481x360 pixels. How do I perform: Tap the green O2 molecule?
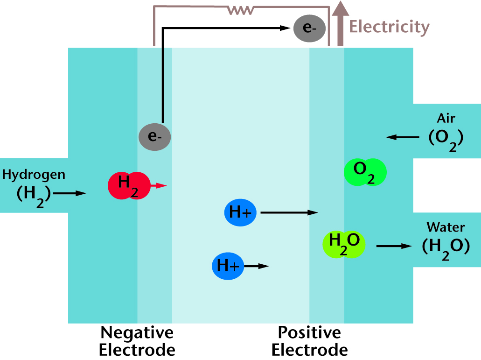pyautogui.click(x=365, y=172)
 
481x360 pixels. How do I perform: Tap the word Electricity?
pyautogui.click(x=389, y=27)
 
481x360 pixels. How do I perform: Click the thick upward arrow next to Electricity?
pyautogui.click(x=340, y=23)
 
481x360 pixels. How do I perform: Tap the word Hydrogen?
pyautogui.click(x=34, y=175)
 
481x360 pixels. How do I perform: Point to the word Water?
pyautogui.click(x=446, y=227)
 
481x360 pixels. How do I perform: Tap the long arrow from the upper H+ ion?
pyautogui.click(x=289, y=212)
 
